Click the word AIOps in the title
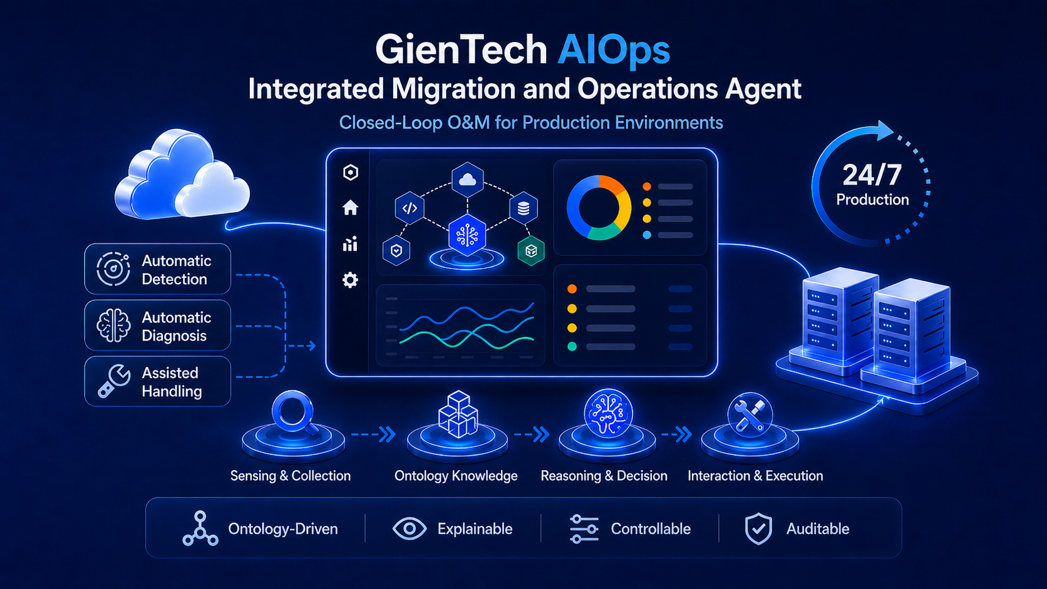click(614, 51)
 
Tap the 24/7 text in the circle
click(872, 175)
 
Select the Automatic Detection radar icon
click(113, 269)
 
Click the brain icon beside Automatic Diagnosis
click(113, 325)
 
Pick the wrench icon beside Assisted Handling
click(113, 381)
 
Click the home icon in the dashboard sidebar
click(350, 207)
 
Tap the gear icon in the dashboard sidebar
click(350, 280)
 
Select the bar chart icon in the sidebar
click(350, 244)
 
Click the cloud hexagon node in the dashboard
click(467, 180)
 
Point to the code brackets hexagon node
click(410, 208)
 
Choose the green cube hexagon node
click(531, 251)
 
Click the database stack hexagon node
click(523, 208)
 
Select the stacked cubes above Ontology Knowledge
click(458, 414)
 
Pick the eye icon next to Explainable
click(410, 529)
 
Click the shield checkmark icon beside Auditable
click(758, 529)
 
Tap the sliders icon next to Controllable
click(584, 529)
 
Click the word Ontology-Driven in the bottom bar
click(283, 529)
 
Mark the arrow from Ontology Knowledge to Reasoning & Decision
click(532, 434)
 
